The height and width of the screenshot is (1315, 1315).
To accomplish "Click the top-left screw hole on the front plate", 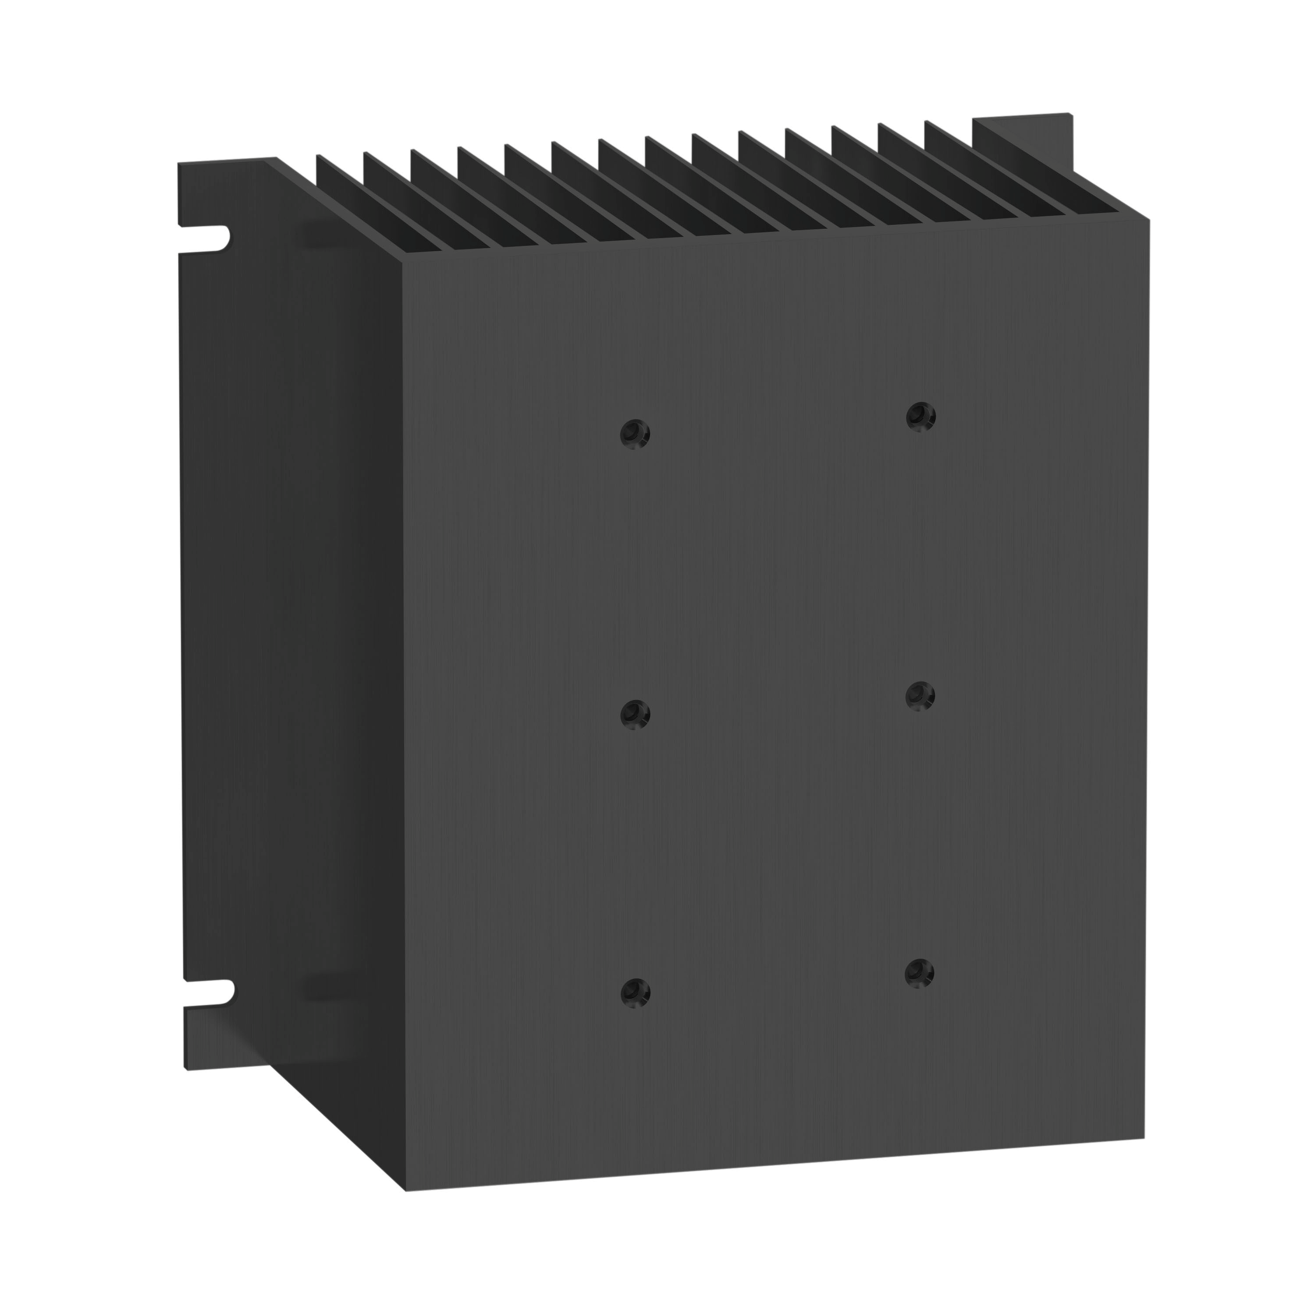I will tap(635, 434).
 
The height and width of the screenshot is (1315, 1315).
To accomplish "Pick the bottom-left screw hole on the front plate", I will tap(635, 992).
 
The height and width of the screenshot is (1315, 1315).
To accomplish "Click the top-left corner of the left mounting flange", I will tap(180, 164).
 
